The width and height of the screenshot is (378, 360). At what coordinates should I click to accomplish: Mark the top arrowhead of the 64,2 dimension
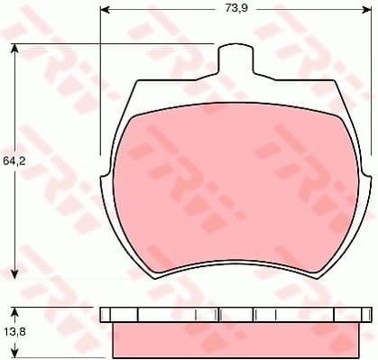click(x=15, y=48)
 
